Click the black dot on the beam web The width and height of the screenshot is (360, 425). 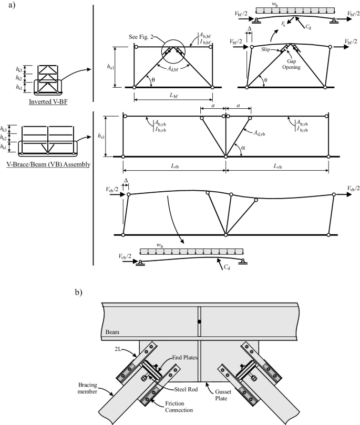tap(199, 320)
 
